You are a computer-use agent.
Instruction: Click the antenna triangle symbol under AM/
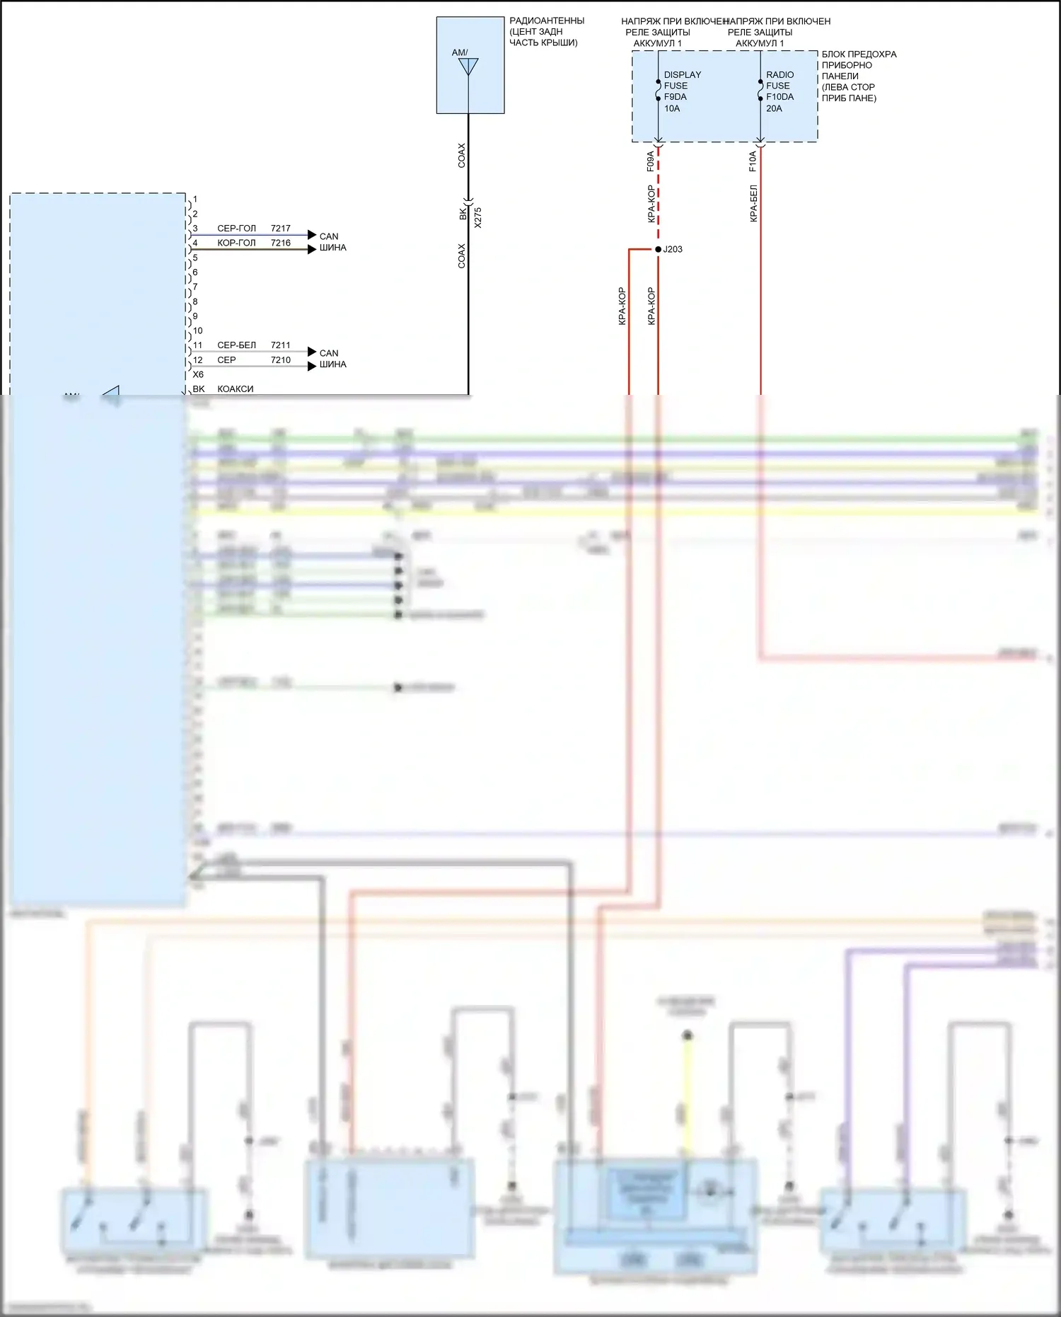468,67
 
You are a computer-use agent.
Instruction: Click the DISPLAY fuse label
682,74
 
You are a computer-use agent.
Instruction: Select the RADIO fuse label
779,74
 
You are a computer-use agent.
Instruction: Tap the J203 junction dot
658,249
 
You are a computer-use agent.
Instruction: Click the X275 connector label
478,217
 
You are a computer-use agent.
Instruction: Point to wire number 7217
281,228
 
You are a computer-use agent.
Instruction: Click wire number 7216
281,243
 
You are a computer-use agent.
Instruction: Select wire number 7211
281,345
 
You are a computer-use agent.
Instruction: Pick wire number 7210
281,360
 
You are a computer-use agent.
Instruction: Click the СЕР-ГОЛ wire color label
236,228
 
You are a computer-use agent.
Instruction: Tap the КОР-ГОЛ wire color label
236,243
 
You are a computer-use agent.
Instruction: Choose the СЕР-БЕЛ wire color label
236,345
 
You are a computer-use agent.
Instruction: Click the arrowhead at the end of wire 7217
312,234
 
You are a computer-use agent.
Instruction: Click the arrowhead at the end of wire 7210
312,366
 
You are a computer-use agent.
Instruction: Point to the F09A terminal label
650,161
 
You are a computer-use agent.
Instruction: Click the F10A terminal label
753,161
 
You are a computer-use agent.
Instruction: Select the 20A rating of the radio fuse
774,108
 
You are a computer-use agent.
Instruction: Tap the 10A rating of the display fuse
672,108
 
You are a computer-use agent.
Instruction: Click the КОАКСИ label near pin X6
235,389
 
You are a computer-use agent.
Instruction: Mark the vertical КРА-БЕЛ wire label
753,203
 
